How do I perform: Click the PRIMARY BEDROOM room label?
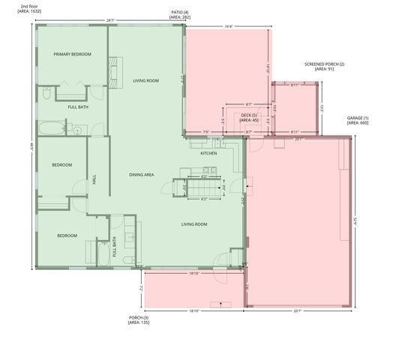(x=72, y=55)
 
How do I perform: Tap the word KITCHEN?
(x=208, y=153)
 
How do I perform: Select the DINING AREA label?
(x=141, y=175)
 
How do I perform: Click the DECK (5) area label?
(x=249, y=117)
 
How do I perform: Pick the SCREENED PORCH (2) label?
(x=324, y=67)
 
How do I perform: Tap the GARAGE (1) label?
(x=358, y=120)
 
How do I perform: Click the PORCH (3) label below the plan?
(x=139, y=319)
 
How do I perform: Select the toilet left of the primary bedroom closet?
(x=46, y=94)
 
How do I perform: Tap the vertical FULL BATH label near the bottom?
(x=114, y=247)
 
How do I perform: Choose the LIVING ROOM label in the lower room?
(x=194, y=224)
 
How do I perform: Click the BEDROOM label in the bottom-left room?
(x=67, y=235)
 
